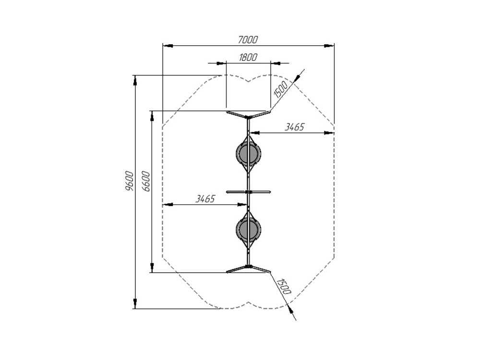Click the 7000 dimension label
248,39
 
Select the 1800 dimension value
248,57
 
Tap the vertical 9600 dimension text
130,181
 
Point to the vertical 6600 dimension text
146,181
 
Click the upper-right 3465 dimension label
295,127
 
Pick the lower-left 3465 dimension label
205,199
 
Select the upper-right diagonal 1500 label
281,89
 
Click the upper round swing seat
249,154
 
